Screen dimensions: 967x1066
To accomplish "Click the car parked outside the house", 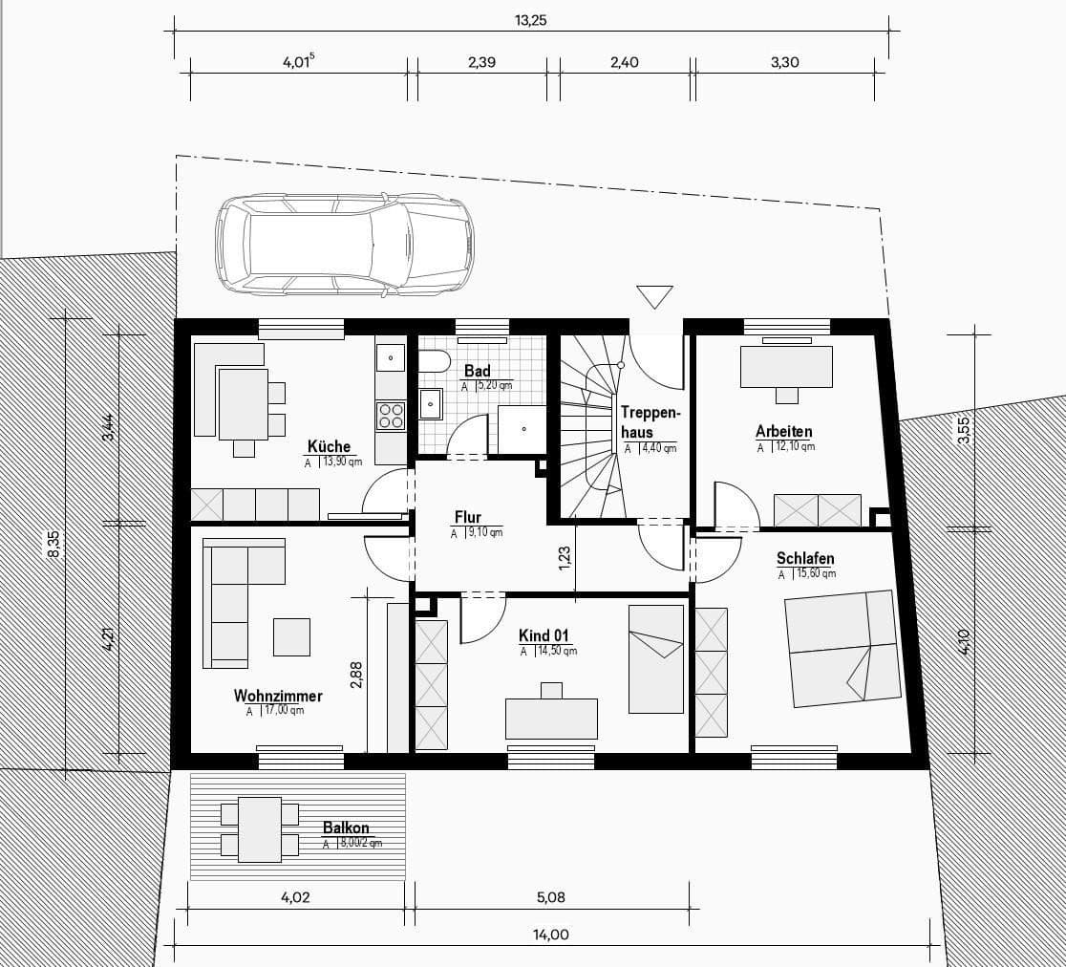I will (x=344, y=244).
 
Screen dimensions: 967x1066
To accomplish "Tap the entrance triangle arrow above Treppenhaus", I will (x=654, y=297).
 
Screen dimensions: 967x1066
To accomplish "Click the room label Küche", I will (x=329, y=446).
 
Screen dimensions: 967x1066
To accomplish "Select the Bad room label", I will (x=477, y=371).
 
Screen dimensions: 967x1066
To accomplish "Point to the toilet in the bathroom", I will (x=435, y=362).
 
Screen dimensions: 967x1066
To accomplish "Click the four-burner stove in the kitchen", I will (x=392, y=415).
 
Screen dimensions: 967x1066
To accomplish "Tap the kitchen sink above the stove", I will (x=391, y=358).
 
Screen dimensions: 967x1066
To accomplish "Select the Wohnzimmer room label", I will (x=278, y=696).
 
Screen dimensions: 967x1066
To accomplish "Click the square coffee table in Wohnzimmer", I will (x=291, y=636).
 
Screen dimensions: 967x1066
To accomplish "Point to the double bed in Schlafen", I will (x=841, y=648).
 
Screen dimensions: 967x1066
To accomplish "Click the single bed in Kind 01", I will (x=655, y=659).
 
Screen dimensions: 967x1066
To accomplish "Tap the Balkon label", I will (x=346, y=827).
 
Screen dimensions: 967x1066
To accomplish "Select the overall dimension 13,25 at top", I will (x=530, y=20).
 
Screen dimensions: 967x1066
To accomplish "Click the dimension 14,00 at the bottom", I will (x=552, y=935).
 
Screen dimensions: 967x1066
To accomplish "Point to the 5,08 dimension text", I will (x=551, y=897).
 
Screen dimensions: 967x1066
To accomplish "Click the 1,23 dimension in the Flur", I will (x=565, y=558).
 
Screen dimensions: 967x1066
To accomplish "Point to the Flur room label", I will (x=468, y=518).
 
